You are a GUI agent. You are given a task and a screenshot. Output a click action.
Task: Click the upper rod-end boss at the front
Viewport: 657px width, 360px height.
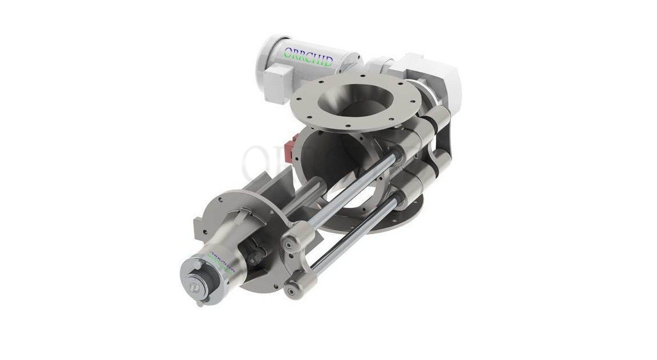[296, 239]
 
